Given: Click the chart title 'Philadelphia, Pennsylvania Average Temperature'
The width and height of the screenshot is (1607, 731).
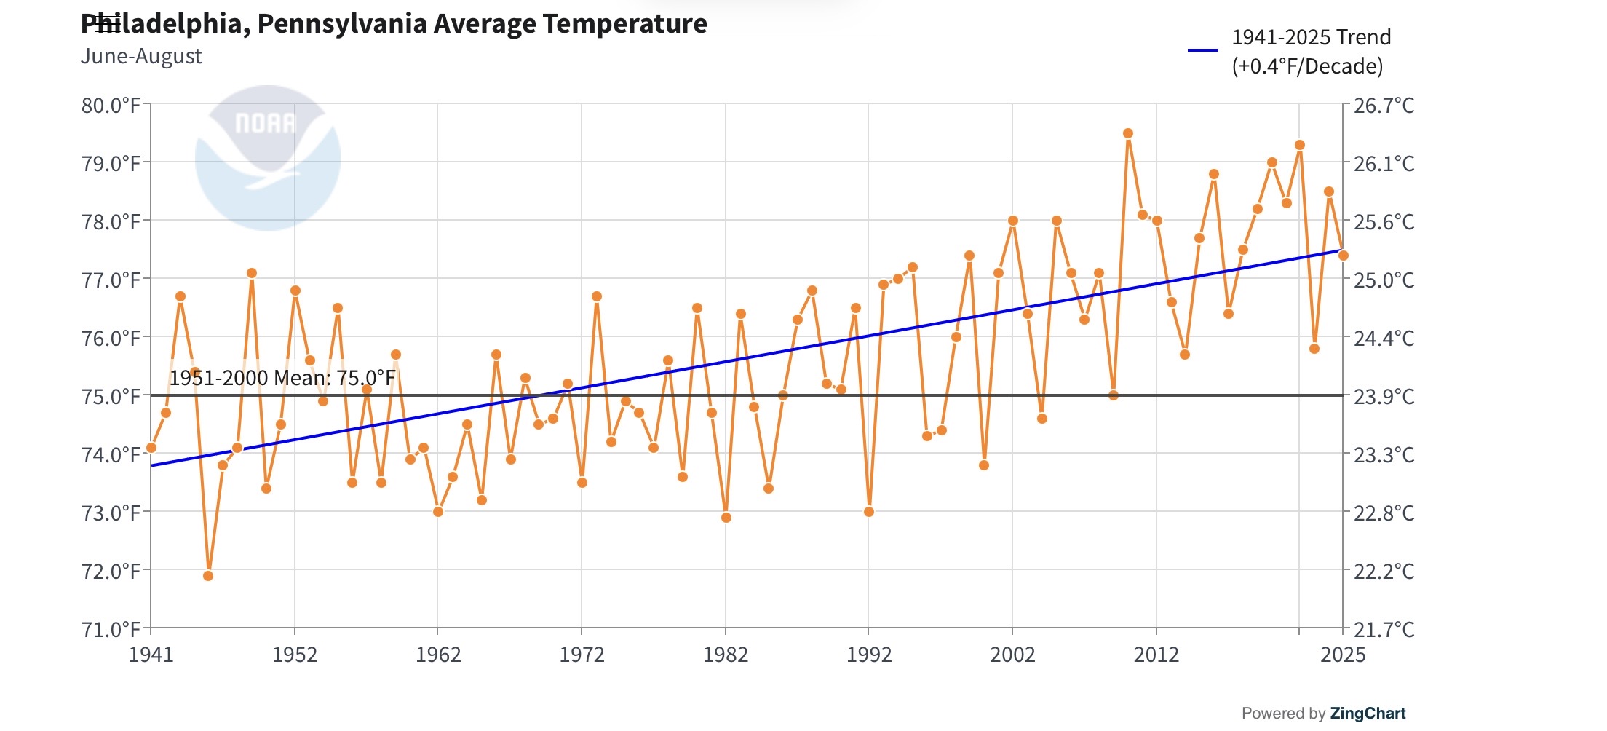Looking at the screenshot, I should (x=394, y=24).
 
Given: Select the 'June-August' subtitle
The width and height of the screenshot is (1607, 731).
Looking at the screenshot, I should (x=141, y=57).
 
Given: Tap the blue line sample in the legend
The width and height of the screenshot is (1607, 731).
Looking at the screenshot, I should (x=1202, y=50).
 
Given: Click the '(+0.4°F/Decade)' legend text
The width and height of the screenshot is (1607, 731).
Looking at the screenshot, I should (x=1307, y=66).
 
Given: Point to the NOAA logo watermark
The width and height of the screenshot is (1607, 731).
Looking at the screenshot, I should (x=267, y=158).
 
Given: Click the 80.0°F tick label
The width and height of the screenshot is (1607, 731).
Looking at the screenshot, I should (x=111, y=106).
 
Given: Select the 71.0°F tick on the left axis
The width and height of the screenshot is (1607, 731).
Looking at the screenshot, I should (x=111, y=629).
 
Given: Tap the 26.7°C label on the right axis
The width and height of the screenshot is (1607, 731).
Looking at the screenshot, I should (x=1384, y=106).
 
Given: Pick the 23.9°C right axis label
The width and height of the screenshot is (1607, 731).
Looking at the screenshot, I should (x=1384, y=397).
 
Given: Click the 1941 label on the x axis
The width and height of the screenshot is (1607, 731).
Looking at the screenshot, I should (x=151, y=655).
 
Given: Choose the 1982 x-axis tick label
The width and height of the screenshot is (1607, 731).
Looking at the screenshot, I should (x=725, y=655).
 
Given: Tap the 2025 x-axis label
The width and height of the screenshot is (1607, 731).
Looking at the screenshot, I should (x=1343, y=655).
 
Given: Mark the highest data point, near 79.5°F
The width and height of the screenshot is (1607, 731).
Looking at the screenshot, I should (x=1128, y=133).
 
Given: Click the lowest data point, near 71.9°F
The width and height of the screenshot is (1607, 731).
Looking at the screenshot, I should (x=208, y=576).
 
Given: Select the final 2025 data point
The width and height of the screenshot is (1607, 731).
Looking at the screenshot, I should (x=1344, y=256).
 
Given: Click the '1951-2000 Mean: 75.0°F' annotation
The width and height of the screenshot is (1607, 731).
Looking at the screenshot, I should (x=282, y=378).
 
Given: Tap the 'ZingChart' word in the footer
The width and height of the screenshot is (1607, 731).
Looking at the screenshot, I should (x=1368, y=714).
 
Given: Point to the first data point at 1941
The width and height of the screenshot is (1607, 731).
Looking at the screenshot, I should (x=151, y=448).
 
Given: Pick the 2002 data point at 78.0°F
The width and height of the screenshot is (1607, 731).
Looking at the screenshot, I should (x=1013, y=221).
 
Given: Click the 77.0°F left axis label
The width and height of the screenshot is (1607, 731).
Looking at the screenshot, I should (x=111, y=280).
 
